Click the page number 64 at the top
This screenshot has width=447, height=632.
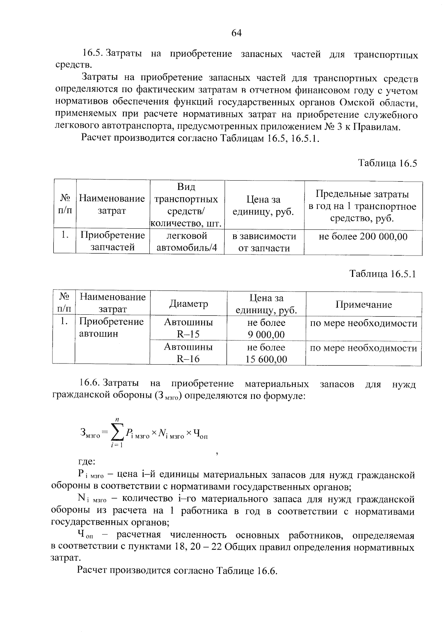[237, 33]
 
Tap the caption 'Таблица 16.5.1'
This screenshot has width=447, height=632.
[382, 274]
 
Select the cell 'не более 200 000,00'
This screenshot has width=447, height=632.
[363, 236]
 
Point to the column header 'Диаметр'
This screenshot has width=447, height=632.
[188, 304]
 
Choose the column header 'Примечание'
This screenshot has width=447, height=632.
[364, 305]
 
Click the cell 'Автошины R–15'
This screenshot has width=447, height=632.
[188, 328]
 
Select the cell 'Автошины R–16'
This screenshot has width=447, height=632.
[188, 353]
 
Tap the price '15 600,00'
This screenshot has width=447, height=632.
[266, 359]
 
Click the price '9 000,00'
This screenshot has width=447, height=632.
[266, 334]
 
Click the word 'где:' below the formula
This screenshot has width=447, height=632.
[86, 462]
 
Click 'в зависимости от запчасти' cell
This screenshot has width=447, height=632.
[264, 242]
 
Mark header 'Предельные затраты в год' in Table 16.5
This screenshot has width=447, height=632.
[362, 206]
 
